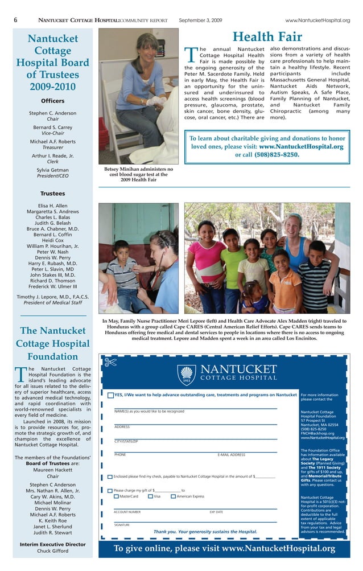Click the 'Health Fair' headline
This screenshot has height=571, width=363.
pos(267,37)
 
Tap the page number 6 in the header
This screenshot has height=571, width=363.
pos(15,20)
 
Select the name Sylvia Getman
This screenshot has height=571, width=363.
pos(52,170)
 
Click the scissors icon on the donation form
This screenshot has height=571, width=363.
pos(110,361)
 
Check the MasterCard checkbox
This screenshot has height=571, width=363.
pos(117,496)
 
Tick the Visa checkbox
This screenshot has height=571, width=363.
pos(151,496)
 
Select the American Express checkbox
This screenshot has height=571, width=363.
pos(173,496)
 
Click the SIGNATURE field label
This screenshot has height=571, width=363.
pos(122,525)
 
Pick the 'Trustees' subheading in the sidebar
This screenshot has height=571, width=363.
pos(52,194)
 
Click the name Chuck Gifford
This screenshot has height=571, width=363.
pos(52,551)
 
